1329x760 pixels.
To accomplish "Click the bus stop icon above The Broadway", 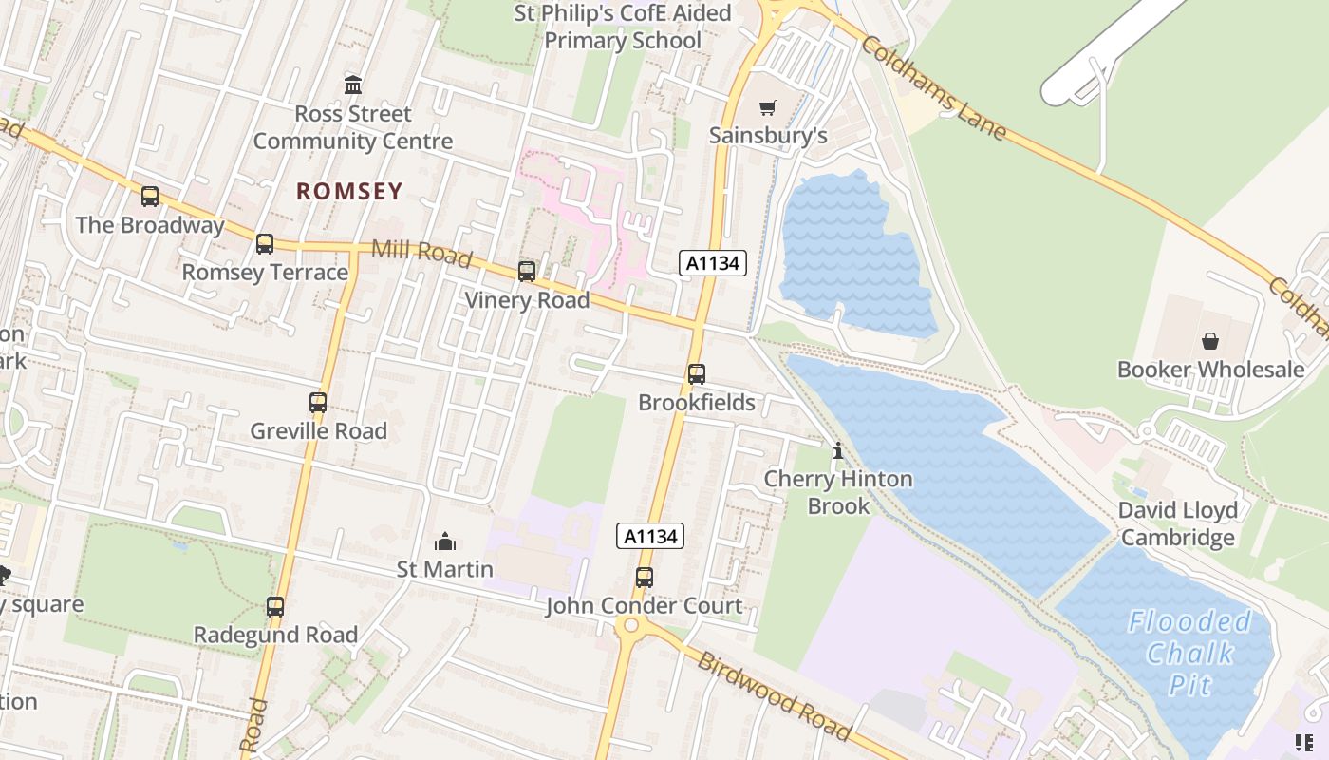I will (150, 197).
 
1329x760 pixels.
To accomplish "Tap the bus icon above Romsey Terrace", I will (265, 244).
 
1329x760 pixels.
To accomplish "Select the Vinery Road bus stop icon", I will (527, 272).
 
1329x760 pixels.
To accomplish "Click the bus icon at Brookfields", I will (697, 373).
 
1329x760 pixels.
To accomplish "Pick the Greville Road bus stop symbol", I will (318, 403).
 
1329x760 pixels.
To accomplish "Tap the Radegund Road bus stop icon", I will (275, 606).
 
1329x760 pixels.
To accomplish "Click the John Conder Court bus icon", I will (645, 577).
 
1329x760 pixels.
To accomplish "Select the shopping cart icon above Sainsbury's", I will (767, 107).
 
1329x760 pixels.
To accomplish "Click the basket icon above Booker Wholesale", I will (1210, 341).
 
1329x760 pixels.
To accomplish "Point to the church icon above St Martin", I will (444, 542).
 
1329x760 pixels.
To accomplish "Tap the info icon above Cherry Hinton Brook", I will (837, 451).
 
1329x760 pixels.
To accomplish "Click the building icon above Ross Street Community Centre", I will (353, 85).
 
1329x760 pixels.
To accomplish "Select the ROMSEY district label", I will (349, 191).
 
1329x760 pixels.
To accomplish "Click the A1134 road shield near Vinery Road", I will (712, 263).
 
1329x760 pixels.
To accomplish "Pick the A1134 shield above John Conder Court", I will (650, 536).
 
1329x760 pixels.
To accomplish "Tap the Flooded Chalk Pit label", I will (1189, 654).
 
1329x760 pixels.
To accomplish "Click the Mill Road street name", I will (421, 253).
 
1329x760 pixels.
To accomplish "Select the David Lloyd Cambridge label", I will (1177, 523).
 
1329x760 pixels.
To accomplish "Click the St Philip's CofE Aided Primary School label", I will (623, 27).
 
